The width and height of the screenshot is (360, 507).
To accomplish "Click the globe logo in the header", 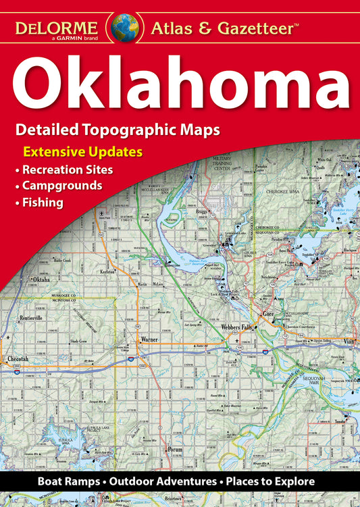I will point(125,26).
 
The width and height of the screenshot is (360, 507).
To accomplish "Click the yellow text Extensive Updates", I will point(83,151).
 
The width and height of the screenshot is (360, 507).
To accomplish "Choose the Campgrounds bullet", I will point(62,185).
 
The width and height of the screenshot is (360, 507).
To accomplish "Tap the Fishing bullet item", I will point(43,201).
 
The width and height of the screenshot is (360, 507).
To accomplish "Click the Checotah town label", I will point(18,358).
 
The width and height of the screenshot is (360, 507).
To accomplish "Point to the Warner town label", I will point(149,340).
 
